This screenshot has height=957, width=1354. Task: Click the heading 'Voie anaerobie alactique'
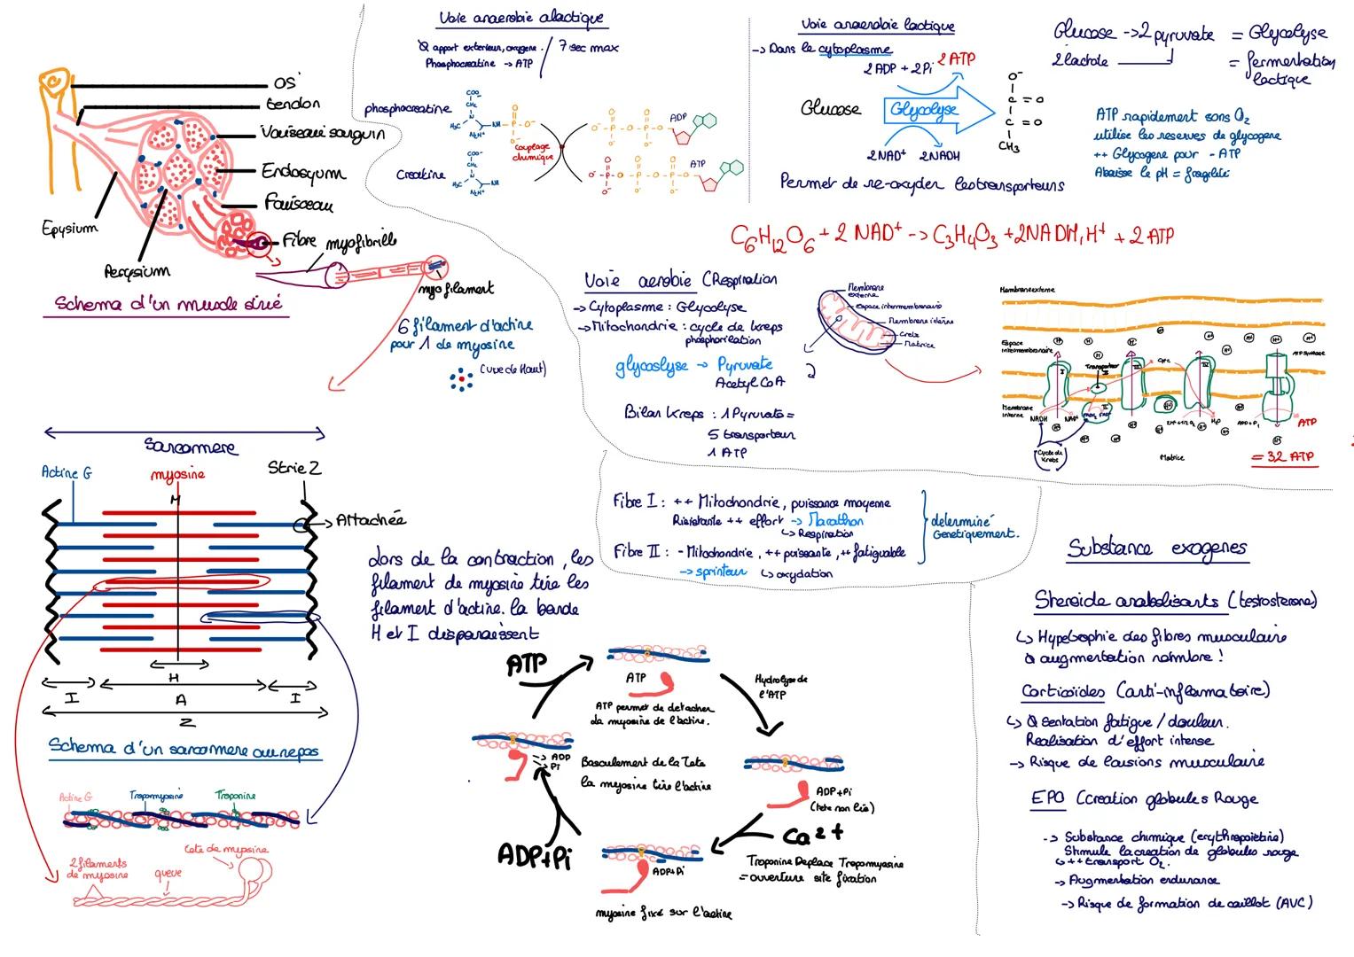click(x=521, y=19)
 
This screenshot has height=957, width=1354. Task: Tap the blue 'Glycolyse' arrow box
click(x=924, y=110)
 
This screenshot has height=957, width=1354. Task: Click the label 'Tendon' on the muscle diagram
click(x=293, y=104)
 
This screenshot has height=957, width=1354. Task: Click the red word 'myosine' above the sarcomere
click(x=177, y=474)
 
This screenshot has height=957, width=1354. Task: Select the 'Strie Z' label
click(x=293, y=467)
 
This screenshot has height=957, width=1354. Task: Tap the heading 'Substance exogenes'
click(x=1157, y=549)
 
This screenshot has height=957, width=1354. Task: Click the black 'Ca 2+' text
click(x=812, y=835)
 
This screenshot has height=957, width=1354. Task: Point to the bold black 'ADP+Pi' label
click(x=532, y=855)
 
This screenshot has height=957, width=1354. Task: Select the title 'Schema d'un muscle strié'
click(x=168, y=304)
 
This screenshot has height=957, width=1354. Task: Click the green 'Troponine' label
click(x=234, y=796)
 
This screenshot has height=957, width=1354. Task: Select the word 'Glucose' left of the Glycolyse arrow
click(x=830, y=109)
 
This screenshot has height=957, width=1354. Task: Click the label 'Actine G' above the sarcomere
click(x=67, y=473)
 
